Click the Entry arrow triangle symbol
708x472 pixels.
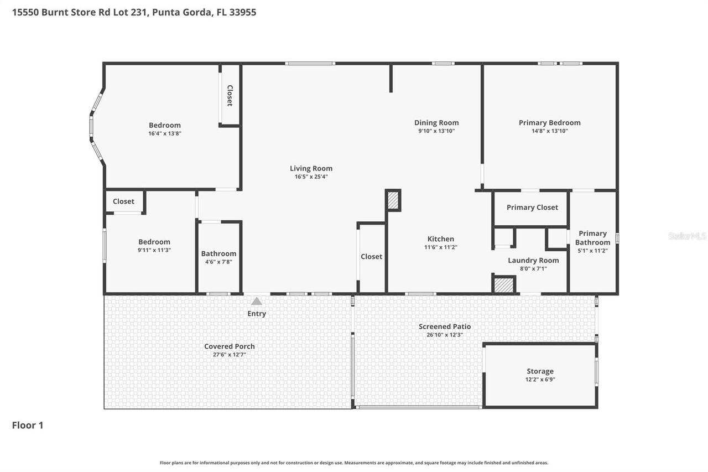coord(257,301)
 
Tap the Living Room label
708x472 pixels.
coord(311,169)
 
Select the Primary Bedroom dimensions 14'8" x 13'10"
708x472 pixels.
coord(549,131)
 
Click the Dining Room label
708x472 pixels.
coord(436,123)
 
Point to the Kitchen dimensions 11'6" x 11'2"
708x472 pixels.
coord(440,247)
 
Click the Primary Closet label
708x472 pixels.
coord(532,208)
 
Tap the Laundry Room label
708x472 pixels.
coord(533,261)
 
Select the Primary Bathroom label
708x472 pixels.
coord(592,238)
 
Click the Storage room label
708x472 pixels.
coord(540,371)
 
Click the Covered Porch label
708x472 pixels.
coord(229,346)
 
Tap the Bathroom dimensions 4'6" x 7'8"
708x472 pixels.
coord(218,262)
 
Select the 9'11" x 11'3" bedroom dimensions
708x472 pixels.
coord(154,250)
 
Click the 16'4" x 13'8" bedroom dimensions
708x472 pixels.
coord(164,133)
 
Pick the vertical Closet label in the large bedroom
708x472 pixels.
coord(230,95)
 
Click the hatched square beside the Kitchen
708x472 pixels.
coord(393,200)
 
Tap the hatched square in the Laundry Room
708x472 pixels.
coord(504,285)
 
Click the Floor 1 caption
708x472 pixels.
coord(28,426)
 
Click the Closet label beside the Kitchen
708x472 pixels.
coord(371,257)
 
